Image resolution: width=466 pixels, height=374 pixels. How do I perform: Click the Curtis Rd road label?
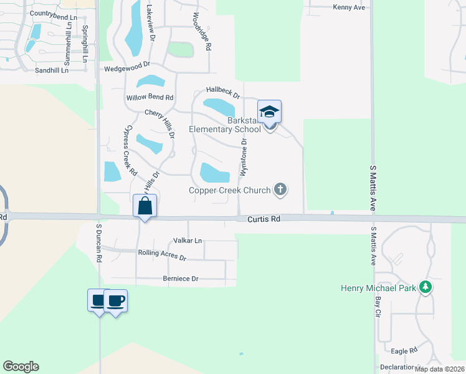tap(264, 219)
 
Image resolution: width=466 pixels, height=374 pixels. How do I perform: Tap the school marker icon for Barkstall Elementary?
tap(269, 113)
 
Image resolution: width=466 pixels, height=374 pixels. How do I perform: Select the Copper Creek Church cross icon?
tap(280, 189)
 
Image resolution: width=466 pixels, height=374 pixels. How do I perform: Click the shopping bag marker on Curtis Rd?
tap(145, 205)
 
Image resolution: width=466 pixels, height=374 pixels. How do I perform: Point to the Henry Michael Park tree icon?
tap(426, 287)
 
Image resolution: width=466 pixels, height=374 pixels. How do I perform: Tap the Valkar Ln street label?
tap(188, 240)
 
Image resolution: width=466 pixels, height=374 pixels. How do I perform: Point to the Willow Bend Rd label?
tap(150, 98)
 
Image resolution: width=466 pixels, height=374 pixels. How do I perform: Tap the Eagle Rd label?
tap(404, 351)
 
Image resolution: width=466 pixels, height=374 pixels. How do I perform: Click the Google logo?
tap(21, 367)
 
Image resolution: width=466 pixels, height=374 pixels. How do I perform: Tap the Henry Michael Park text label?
tap(379, 288)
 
